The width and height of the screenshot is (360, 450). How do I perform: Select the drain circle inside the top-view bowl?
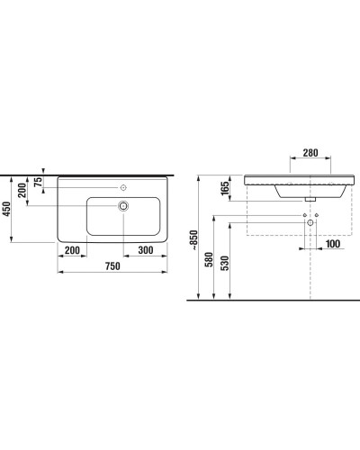click(x=122, y=206)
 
